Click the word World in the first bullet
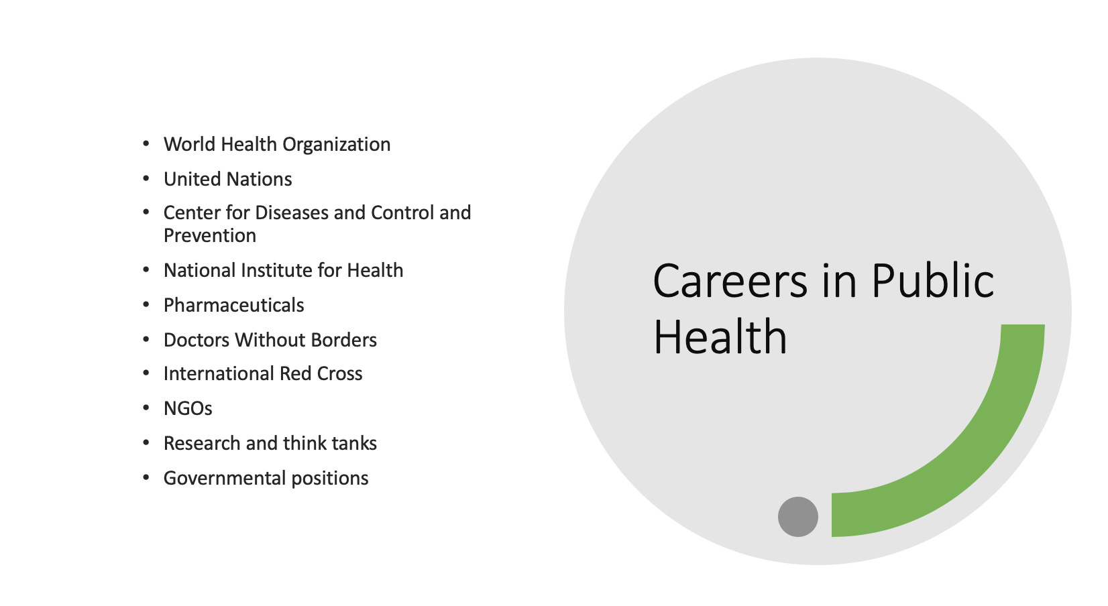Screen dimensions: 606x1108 point(190,144)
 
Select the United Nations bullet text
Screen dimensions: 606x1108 point(228,179)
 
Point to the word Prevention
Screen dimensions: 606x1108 point(210,235)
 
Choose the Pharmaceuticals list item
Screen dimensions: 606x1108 point(234,305)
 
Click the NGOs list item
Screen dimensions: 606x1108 point(188,408)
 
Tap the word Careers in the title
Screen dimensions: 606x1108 point(730,281)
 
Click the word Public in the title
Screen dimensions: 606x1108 point(932,281)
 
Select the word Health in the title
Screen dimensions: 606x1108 point(720,337)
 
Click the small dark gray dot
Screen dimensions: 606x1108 point(798,517)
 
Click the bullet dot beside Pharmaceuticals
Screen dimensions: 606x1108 point(146,305)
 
